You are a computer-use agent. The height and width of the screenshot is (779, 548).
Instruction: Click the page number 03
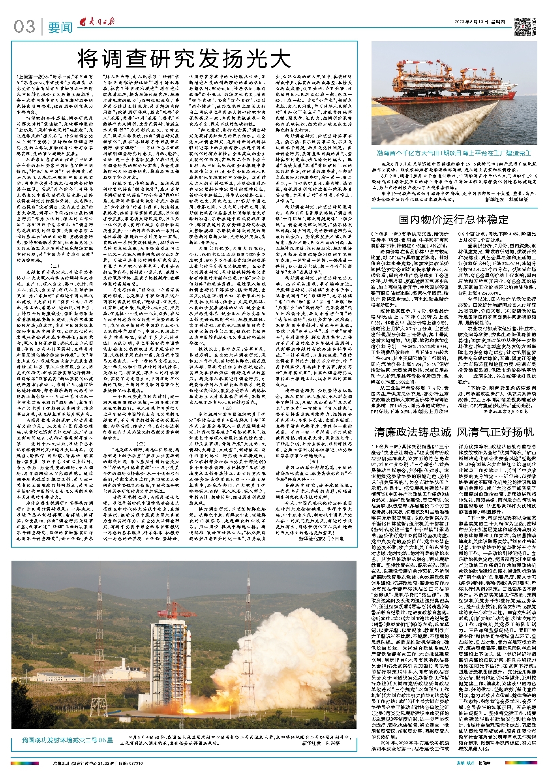pyautogui.click(x=24, y=26)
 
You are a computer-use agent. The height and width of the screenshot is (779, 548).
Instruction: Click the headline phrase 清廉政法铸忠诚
pyautogui.click(x=412, y=432)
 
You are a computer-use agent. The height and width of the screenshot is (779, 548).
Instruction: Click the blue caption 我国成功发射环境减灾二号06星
pyautogui.click(x=68, y=740)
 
